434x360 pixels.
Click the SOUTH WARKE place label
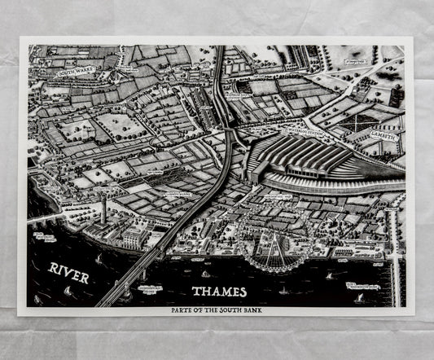click(x=77, y=72)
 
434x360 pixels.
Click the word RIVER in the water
click(x=69, y=271)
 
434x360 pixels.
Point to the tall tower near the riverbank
click(x=103, y=210)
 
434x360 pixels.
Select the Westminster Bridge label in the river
click(x=362, y=286)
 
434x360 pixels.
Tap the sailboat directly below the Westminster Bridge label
click(x=359, y=298)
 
